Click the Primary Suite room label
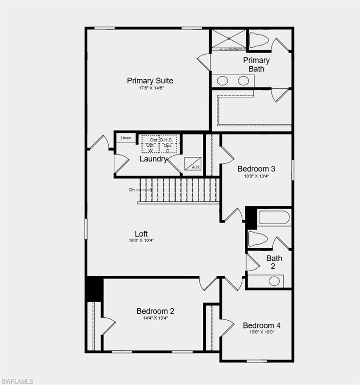[x=150, y=81]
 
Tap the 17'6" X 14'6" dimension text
[x=151, y=88]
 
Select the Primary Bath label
[x=256, y=64]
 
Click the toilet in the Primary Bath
[x=259, y=40]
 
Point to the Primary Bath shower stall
[x=229, y=39]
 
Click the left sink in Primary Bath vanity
[x=223, y=81]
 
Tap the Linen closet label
[x=126, y=138]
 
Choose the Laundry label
[x=153, y=159]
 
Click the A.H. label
[x=196, y=167]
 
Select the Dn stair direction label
[x=132, y=190]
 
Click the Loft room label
[x=141, y=234]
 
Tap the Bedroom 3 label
[x=256, y=169]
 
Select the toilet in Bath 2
[x=258, y=239]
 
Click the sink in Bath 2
[x=274, y=281]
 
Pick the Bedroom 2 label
[x=155, y=311]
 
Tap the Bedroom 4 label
[x=262, y=325]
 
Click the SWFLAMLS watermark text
[x=18, y=381]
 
